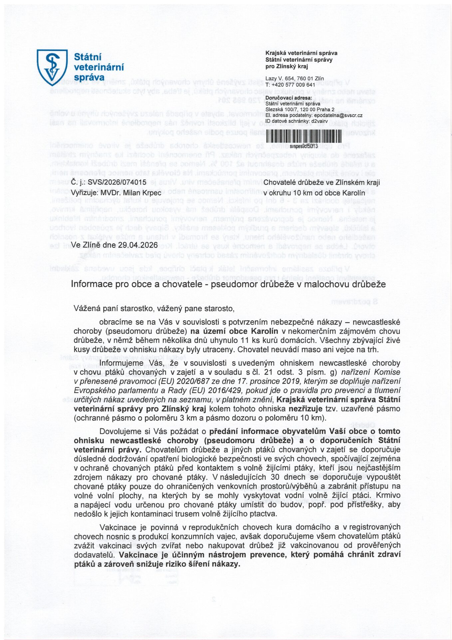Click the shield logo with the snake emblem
(52, 67)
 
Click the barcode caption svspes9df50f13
(304, 146)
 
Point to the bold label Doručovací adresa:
(289, 98)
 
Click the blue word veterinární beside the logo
(99, 67)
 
